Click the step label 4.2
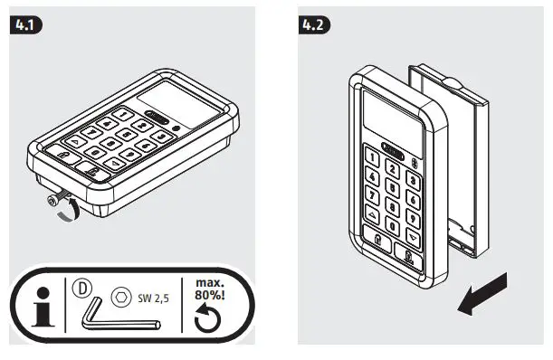click(x=314, y=24)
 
